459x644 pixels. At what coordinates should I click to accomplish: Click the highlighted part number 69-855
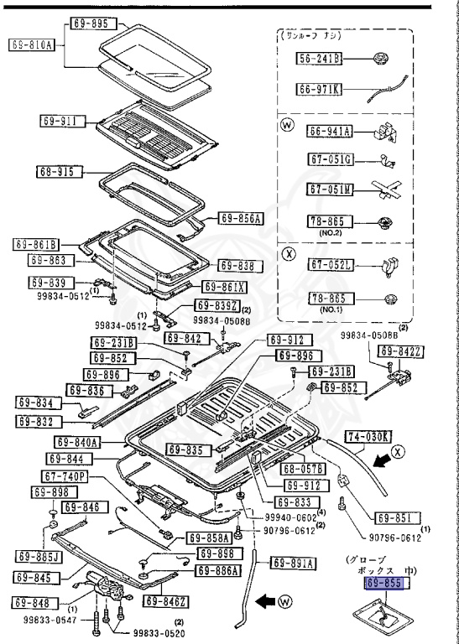386,581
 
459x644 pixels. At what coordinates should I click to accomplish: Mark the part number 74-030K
366,436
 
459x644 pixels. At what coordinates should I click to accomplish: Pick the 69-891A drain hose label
291,563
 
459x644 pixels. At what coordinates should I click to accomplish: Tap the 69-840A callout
79,442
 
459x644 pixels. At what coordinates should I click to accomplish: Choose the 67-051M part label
330,189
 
